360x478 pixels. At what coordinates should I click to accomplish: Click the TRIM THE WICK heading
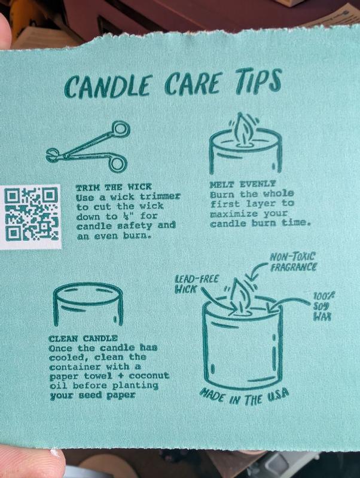pyautogui.click(x=114, y=187)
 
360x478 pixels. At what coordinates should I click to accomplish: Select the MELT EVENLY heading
pyautogui.click(x=242, y=184)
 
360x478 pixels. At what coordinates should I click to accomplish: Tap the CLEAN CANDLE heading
pyautogui.click(x=83, y=338)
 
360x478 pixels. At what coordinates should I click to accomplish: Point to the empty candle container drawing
pyautogui.click(x=88, y=304)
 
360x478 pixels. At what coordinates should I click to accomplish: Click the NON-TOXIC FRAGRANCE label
pyautogui.click(x=294, y=262)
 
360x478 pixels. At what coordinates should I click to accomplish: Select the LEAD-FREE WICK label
pyautogui.click(x=196, y=283)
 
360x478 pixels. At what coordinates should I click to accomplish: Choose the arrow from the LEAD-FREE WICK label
pyautogui.click(x=216, y=300)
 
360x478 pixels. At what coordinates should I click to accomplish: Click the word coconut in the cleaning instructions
pyautogui.click(x=149, y=376)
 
